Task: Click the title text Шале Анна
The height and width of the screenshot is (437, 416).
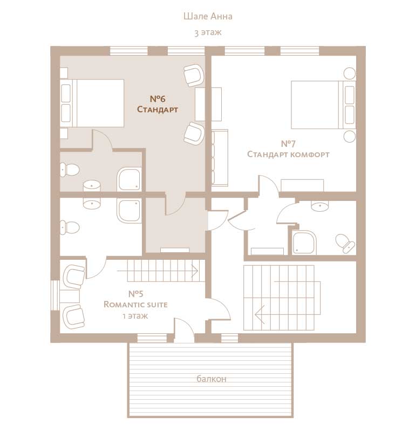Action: [208, 16]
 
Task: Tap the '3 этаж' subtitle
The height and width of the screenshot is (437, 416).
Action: [208, 32]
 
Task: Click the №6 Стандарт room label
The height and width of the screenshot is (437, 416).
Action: [158, 104]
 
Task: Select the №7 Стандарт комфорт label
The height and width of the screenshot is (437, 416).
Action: [288, 149]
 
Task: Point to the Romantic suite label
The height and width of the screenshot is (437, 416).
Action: [135, 304]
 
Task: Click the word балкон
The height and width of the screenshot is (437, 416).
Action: [212, 379]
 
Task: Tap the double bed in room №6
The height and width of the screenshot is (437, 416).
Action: [92, 103]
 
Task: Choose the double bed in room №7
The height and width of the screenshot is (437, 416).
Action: [323, 105]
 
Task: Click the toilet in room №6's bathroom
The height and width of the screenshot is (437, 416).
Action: [70, 170]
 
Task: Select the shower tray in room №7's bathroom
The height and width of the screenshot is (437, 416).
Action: [305, 242]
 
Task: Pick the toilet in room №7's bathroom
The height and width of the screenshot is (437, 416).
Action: [345, 243]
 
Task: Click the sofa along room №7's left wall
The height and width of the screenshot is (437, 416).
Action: [220, 158]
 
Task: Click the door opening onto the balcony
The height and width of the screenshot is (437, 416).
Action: [184, 331]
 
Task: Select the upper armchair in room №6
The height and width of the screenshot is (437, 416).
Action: [194, 75]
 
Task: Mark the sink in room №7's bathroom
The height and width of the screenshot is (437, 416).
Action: [319, 206]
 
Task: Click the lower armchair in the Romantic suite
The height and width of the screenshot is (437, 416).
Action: [74, 317]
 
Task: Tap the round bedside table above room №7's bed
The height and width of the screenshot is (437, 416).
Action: [350, 73]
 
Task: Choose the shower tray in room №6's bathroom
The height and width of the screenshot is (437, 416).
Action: [129, 179]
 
